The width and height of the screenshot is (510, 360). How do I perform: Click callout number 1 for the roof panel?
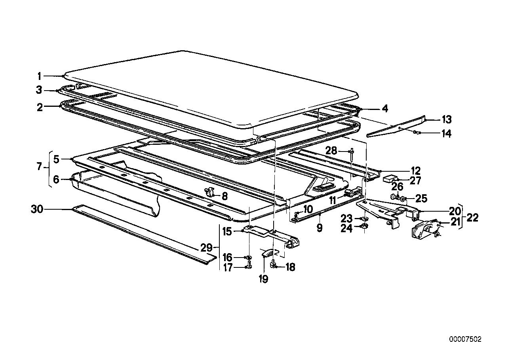point(39,75)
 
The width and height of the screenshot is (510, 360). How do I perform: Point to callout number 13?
point(447,119)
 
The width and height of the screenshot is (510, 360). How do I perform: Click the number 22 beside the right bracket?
point(472,217)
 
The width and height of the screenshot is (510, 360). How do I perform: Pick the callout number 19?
point(263,279)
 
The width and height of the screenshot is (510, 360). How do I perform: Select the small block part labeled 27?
point(390,178)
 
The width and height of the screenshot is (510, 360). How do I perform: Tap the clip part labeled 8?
point(209,193)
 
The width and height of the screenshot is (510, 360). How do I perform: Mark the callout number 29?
point(206,248)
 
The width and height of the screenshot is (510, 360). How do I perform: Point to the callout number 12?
point(415,171)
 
